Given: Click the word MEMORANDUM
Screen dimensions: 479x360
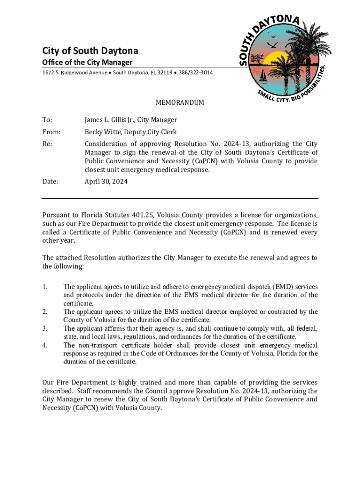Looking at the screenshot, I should (180, 103).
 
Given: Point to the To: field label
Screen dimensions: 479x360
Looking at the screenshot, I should (47, 120).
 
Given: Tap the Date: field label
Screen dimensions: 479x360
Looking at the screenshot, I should (50, 181).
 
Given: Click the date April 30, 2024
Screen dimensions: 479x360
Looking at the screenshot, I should (106, 181).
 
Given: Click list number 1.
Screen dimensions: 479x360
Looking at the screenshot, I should (45, 287).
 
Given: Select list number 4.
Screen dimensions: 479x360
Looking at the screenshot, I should (45, 345).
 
